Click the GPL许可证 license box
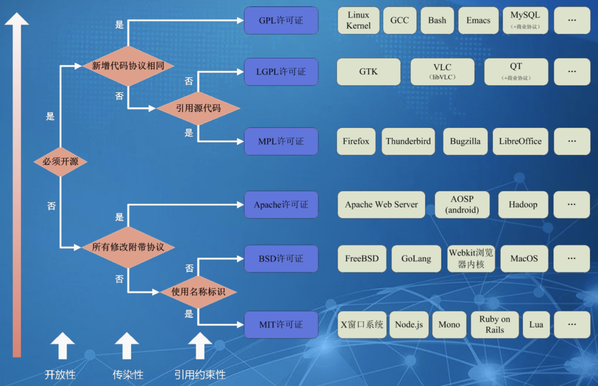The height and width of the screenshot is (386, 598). pyautogui.click(x=281, y=21)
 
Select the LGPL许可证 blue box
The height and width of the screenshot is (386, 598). pyautogui.click(x=281, y=72)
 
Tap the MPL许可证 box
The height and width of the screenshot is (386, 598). pyautogui.click(x=281, y=142)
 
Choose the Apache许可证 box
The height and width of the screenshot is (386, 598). pyautogui.click(x=281, y=205)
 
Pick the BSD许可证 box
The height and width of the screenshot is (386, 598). pyautogui.click(x=281, y=259)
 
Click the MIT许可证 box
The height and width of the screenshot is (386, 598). pyautogui.click(x=281, y=325)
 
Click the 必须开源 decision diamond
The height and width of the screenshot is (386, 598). pyautogui.click(x=60, y=162)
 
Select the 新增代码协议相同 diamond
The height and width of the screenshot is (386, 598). pyautogui.click(x=128, y=66)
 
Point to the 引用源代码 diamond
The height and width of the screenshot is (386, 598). pyautogui.click(x=198, y=108)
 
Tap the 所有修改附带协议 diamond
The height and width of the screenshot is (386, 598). pyautogui.click(x=128, y=247)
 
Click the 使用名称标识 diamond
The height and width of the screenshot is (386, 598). pyautogui.click(x=198, y=292)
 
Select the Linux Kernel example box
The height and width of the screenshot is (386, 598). pyautogui.click(x=358, y=21)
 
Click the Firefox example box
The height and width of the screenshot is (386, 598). pyautogui.click(x=356, y=142)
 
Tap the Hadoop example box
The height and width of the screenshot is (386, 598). pyautogui.click(x=523, y=205)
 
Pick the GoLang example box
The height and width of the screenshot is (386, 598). pyautogui.click(x=416, y=259)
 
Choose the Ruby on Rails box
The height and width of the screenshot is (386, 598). pyautogui.click(x=495, y=325)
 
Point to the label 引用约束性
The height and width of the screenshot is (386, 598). pyautogui.click(x=200, y=375)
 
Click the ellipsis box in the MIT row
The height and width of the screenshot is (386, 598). pyautogui.click(x=572, y=325)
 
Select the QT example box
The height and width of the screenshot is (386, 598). pyautogui.click(x=516, y=72)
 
